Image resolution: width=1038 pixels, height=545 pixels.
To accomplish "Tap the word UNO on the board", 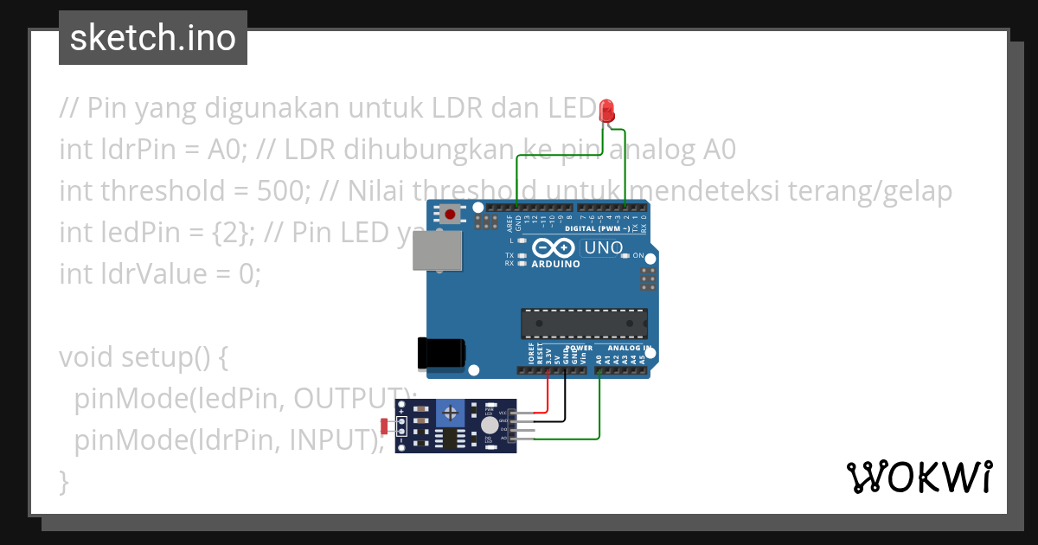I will (604, 248).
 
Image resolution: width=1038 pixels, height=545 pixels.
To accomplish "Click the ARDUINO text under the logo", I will (555, 264).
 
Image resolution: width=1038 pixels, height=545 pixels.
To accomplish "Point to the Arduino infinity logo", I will (555, 247).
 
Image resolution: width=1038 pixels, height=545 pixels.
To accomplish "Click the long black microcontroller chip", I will (583, 323).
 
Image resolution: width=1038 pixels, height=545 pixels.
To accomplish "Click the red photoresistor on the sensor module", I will (385, 426).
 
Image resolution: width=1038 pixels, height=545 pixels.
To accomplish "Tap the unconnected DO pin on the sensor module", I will (524, 430).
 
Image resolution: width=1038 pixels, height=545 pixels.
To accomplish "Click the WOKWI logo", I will (919, 477).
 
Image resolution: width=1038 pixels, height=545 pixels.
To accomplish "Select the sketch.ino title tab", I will (153, 38).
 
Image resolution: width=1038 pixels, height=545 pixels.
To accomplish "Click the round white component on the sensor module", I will (490, 425).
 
